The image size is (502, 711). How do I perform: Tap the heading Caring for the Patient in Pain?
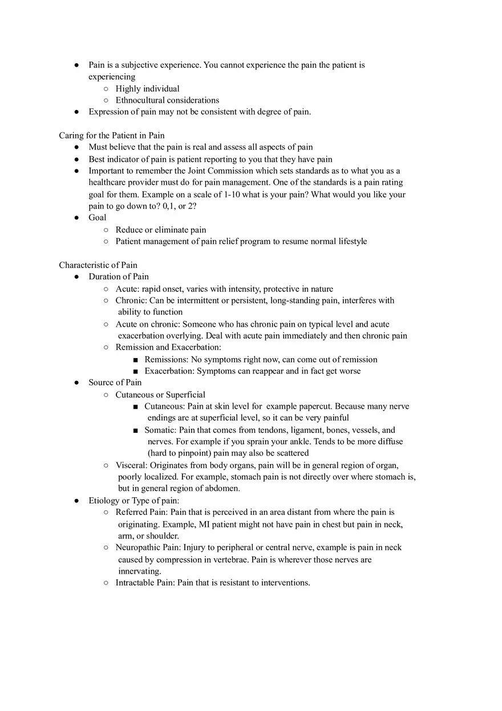[112, 136]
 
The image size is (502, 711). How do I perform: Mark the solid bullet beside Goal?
[76, 218]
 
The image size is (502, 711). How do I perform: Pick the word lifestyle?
[350, 241]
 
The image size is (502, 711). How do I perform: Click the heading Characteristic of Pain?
[98, 265]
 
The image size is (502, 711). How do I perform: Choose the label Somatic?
[160, 430]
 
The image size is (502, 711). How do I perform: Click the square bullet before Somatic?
[135, 430]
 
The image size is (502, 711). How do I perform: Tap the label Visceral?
[132, 465]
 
